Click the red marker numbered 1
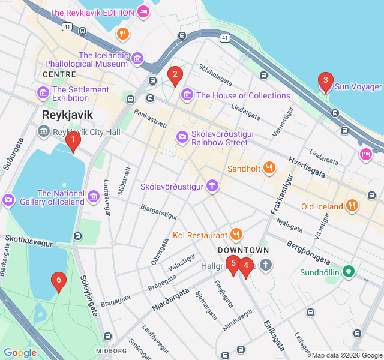(73, 142)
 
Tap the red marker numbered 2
(175, 75)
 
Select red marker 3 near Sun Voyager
(325, 81)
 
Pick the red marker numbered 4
(245, 266)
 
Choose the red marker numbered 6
(58, 280)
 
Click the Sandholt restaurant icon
(269, 169)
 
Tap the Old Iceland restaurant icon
(352, 206)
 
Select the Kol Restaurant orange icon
(236, 235)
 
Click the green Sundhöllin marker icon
(348, 273)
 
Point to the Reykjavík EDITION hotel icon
(143, 12)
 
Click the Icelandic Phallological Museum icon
(138, 58)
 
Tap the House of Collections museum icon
(187, 95)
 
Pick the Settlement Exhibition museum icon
(43, 93)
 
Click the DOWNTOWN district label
(243, 250)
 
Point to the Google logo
(20, 353)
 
